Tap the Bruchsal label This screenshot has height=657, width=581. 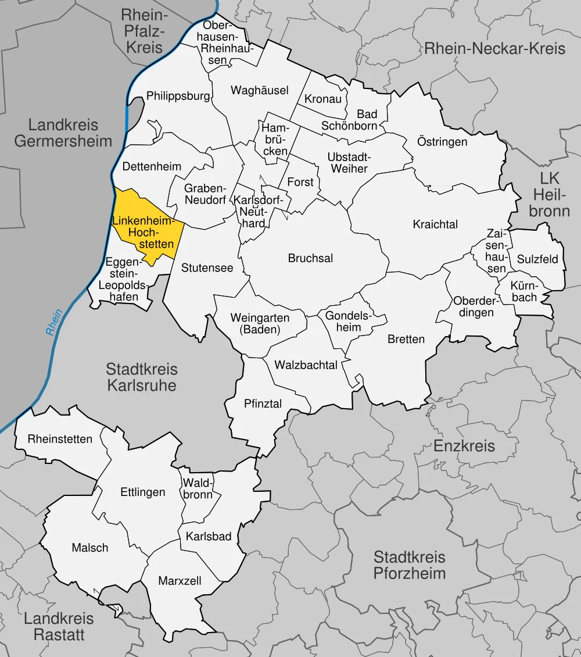(310, 258)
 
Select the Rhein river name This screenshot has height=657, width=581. (54, 323)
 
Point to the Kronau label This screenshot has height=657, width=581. (323, 99)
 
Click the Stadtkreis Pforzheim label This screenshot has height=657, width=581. (409, 565)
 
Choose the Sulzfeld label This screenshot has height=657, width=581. (537, 259)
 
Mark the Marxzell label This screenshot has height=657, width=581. (180, 580)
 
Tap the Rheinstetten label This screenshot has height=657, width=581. (60, 439)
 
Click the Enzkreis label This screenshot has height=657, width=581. (464, 446)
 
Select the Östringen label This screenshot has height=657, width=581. (442, 141)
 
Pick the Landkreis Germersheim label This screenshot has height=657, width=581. (63, 133)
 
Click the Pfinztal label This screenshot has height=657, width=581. (263, 404)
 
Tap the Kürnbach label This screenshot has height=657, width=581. (524, 291)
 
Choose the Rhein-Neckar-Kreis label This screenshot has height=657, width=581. (494, 48)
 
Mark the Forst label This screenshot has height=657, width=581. (300, 182)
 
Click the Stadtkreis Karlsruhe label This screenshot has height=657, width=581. (142, 377)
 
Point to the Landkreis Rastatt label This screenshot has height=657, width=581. (59, 627)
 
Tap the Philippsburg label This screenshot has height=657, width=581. (178, 96)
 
